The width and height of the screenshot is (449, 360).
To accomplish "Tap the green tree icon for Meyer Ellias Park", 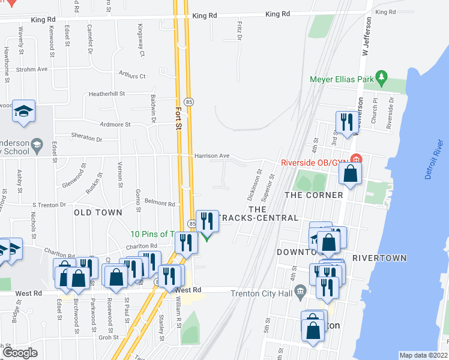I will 381,77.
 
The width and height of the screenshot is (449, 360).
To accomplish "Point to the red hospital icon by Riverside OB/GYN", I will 356,160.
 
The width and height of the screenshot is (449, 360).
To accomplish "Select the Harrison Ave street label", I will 212,156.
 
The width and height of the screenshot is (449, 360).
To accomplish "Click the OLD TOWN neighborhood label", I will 98,212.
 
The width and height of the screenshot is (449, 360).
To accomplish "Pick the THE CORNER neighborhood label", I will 313,195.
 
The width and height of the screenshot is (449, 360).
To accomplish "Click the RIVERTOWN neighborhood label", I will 379,258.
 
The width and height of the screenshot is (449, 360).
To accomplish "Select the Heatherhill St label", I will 106,94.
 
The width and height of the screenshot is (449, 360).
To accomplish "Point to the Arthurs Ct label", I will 132,76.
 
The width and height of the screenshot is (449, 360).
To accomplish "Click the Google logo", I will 19,353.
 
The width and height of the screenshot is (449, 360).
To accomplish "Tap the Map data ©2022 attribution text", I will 423,355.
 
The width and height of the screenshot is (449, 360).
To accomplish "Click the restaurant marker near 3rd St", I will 346,123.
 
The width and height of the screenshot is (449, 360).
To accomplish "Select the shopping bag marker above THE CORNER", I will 351,173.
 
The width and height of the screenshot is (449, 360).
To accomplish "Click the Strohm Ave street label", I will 32,70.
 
